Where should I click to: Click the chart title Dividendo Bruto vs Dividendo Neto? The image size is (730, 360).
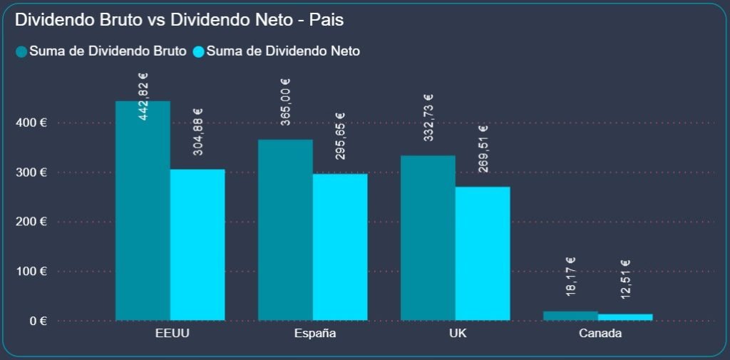pos(179,21)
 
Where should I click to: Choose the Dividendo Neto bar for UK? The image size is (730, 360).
pos(483,253)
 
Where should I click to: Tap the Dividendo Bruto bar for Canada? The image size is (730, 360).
pos(570,315)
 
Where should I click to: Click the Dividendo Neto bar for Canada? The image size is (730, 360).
pos(625,317)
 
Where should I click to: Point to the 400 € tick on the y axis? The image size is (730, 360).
pos(32,123)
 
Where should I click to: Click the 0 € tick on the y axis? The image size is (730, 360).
pos(38,321)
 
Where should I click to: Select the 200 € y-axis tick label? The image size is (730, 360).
pos(32,222)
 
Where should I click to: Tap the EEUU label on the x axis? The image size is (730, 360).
pos(172,334)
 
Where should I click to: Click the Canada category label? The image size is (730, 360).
pos(600,334)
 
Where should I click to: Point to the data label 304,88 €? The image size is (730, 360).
pos(197,131)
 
